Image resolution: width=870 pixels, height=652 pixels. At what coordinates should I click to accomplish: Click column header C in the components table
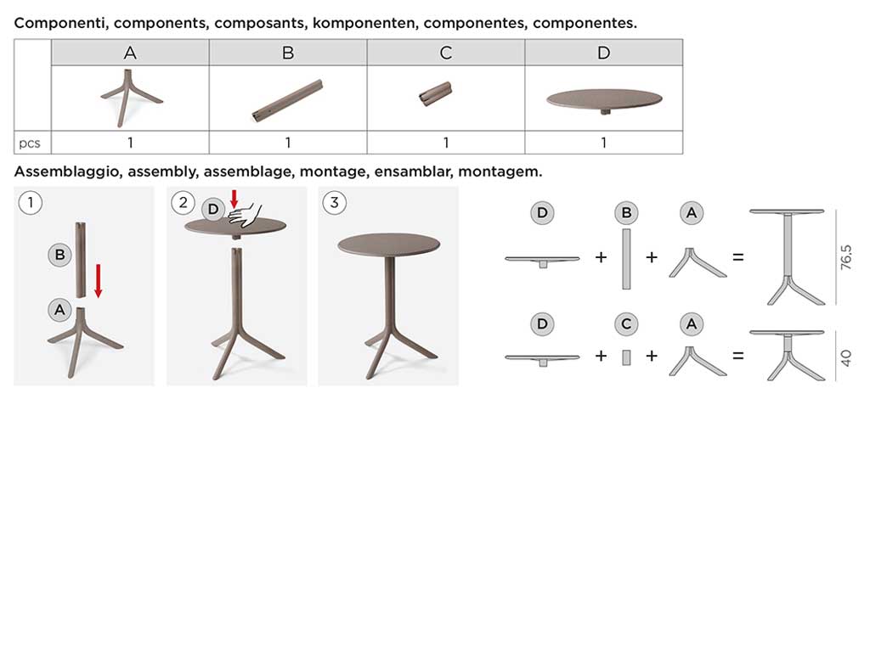(445, 53)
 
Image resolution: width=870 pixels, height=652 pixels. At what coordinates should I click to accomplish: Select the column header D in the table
(604, 53)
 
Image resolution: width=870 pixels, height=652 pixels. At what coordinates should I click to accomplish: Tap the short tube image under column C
(435, 93)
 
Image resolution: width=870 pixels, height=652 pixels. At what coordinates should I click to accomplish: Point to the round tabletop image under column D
(604, 101)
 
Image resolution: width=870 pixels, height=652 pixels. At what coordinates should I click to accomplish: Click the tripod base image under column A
(131, 98)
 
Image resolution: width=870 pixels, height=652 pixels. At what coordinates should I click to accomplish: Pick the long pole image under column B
(287, 100)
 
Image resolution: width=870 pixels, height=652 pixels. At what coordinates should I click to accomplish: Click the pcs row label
(30, 143)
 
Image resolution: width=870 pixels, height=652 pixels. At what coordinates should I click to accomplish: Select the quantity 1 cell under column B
(288, 143)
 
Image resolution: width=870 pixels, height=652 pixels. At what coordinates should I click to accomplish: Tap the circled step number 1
(31, 202)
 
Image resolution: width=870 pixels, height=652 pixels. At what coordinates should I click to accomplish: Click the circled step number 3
(334, 202)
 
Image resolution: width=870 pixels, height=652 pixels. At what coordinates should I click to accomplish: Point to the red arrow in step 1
(99, 281)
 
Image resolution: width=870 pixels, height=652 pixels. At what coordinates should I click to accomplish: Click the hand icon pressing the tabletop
(246, 215)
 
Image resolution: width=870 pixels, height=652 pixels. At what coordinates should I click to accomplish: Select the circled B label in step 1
(60, 255)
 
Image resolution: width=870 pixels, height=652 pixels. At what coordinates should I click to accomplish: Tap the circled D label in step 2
(213, 209)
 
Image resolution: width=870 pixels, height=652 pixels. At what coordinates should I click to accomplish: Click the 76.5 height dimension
(845, 257)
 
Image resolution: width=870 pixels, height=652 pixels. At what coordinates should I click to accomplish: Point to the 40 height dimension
(845, 357)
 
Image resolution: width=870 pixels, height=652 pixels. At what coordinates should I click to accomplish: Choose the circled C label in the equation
(626, 323)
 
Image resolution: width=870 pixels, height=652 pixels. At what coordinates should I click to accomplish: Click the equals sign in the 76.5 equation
(738, 257)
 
